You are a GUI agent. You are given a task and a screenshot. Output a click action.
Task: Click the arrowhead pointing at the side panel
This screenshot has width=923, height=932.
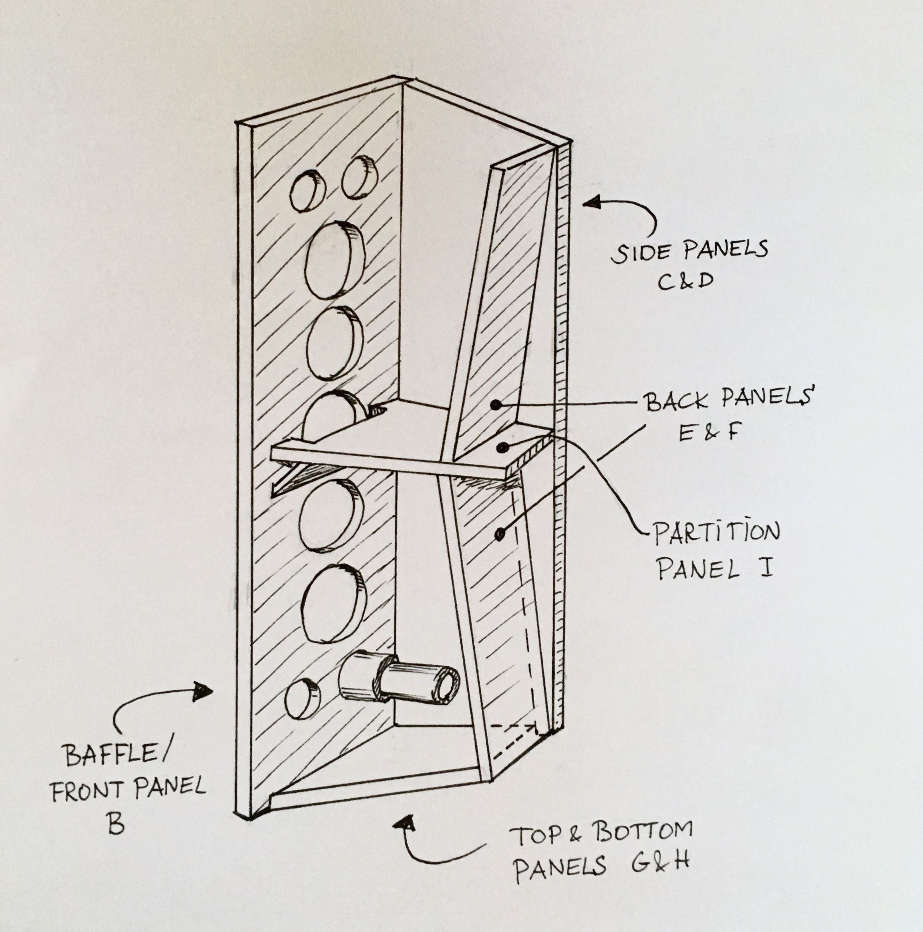[x=592, y=203]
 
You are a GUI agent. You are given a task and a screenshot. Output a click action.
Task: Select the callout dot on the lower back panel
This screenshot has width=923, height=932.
[x=500, y=534]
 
